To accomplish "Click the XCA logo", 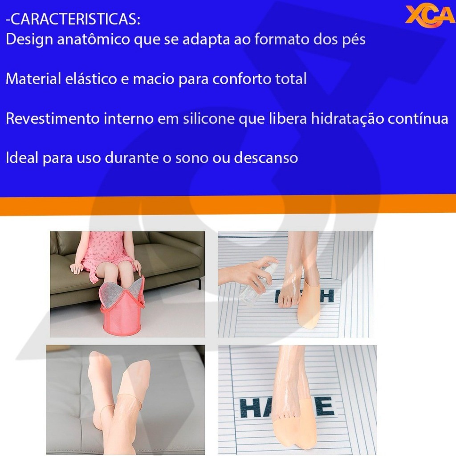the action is (x=430, y=16).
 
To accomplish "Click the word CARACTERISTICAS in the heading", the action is (x=74, y=19).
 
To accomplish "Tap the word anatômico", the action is (x=94, y=39).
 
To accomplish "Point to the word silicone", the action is (x=209, y=118).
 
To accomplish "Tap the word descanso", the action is (x=266, y=158).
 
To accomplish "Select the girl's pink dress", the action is (x=105, y=252).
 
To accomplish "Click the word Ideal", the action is (x=22, y=158).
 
